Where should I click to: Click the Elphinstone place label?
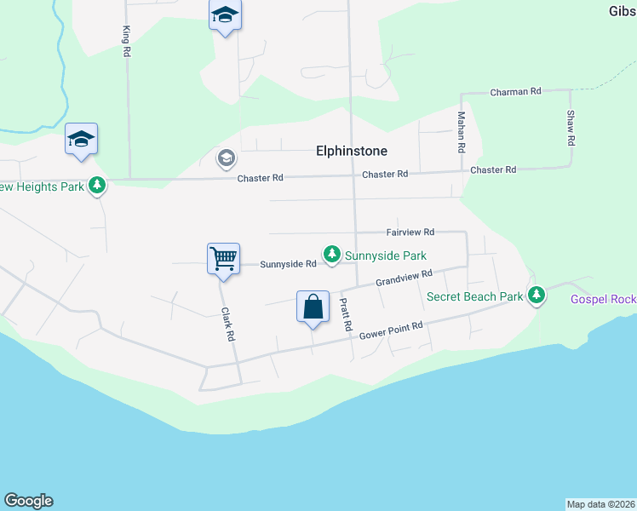[352, 152]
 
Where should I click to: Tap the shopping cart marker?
[223, 257]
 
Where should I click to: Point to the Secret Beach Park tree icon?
[536, 296]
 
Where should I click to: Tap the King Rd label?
[126, 40]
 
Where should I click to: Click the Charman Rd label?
[516, 91]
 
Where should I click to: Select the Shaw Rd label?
[571, 127]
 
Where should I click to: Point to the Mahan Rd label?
[462, 132]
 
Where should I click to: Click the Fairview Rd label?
[410, 232]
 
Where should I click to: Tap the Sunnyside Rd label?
[288, 264]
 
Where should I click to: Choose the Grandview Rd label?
[405, 278]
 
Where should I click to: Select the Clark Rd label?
[227, 324]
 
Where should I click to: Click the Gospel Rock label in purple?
[603, 299]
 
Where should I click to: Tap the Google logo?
[28, 501]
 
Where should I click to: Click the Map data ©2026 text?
[600, 504]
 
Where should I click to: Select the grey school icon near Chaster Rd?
[226, 158]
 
